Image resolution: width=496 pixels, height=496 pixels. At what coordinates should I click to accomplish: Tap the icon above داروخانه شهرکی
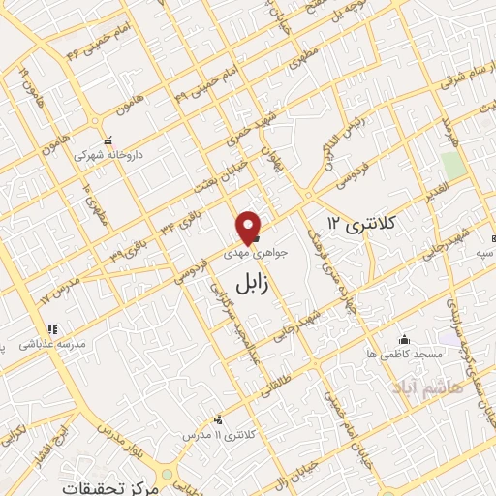pyautogui.click(x=108, y=139)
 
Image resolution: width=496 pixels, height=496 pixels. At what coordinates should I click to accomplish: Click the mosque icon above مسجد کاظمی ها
pyautogui.click(x=405, y=340)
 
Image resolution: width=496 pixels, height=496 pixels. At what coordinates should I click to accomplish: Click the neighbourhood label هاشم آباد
pyautogui.click(x=419, y=387)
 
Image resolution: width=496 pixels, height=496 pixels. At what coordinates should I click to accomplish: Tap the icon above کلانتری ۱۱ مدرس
pyautogui.click(x=219, y=420)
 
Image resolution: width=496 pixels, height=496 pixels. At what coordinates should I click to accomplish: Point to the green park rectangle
pyautogui.click(x=451, y=164)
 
